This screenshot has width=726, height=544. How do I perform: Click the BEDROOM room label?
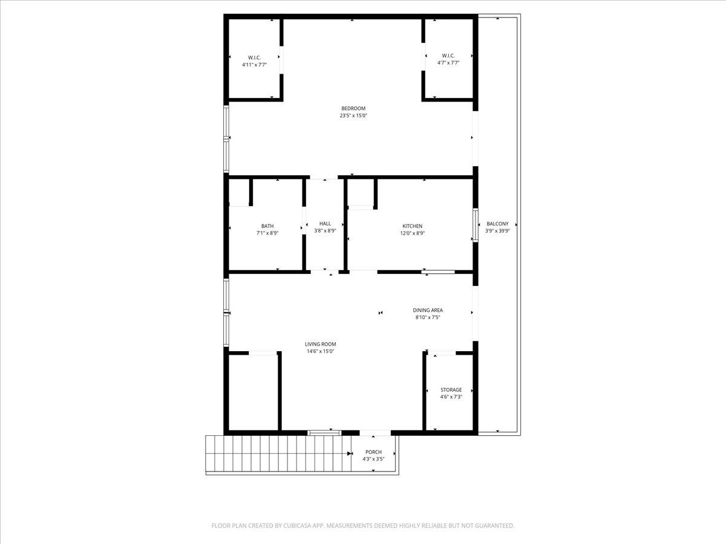pos(353,109)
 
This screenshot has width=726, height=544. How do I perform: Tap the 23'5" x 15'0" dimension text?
pos(353,115)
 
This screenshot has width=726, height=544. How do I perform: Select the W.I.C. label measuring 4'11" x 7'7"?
pos(254,57)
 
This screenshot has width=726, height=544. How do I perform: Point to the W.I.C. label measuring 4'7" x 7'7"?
pos(448,56)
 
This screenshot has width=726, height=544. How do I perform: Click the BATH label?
pos(267,226)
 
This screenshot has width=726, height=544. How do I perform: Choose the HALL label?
pos(325,224)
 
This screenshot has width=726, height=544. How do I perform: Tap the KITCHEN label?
pos(413,226)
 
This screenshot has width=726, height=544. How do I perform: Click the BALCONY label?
pos(497,224)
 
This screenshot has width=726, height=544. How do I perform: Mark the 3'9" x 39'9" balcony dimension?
pos(497,230)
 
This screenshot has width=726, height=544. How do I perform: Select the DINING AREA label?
pos(428,311)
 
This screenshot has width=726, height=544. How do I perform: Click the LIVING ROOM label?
pos(320,345)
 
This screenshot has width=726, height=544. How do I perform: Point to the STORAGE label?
pos(451,390)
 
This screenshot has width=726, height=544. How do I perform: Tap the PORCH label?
pos(373,452)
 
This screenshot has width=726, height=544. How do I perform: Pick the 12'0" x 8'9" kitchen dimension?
pos(413,233)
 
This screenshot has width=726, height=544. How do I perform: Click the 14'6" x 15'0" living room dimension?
pos(320,351)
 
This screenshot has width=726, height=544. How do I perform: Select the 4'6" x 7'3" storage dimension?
pos(451,397)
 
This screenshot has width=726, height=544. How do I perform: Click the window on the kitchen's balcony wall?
pos(476,225)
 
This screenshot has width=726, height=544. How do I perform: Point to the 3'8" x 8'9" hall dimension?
pos(325,230)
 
